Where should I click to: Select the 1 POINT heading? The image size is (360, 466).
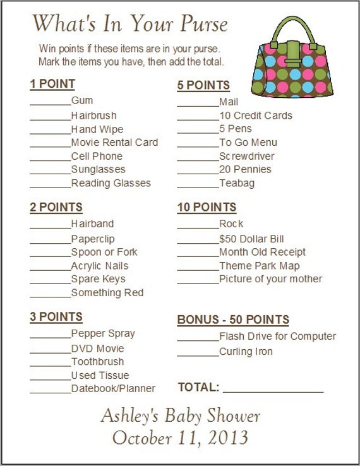(52, 84)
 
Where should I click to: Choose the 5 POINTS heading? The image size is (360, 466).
(203, 85)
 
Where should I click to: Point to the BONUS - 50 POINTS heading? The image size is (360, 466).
(233, 320)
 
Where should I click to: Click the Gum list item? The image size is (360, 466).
(82, 100)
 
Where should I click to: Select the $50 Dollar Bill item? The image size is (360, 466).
(251, 239)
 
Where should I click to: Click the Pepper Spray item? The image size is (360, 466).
(103, 333)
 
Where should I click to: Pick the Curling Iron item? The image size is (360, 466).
(246, 351)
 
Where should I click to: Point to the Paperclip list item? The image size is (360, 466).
(93, 239)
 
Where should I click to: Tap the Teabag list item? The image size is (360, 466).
(237, 183)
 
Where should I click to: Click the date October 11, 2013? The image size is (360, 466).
(180, 437)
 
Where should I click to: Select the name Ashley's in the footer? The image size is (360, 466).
(131, 415)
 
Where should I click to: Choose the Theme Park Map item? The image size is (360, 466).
(260, 266)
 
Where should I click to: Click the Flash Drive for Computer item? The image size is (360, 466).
(277, 337)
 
